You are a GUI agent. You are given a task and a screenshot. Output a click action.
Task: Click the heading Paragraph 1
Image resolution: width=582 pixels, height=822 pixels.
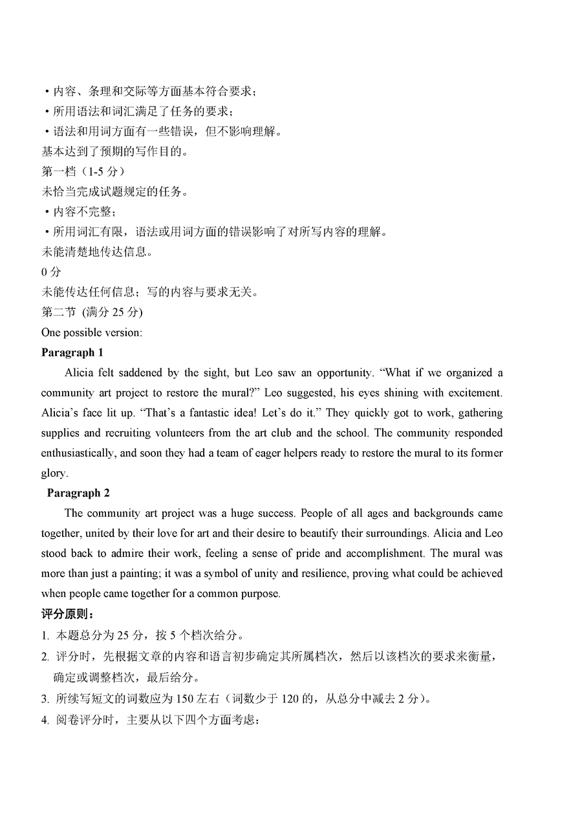point(72,353)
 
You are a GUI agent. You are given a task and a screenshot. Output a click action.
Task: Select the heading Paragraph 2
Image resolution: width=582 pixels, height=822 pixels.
point(78,493)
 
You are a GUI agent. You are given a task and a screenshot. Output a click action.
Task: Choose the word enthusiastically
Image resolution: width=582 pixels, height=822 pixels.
point(78,453)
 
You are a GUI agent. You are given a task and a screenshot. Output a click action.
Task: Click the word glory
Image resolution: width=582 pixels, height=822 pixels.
point(53,473)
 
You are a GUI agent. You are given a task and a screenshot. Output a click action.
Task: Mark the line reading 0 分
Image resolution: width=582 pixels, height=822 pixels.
point(51,273)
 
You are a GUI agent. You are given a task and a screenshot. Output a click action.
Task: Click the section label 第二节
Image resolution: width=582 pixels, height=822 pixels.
point(58,313)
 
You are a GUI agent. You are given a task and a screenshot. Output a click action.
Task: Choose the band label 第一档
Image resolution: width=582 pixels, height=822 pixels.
point(59,172)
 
